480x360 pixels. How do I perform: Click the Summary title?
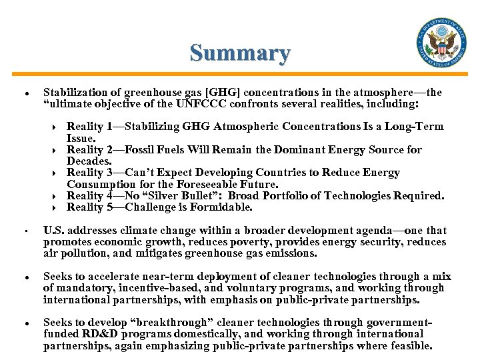tap(240, 53)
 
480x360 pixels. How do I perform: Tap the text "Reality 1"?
tap(89, 127)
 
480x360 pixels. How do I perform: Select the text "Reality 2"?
tap(89, 150)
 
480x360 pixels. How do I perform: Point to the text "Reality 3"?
tap(89, 173)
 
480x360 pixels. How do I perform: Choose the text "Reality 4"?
tap(89, 196)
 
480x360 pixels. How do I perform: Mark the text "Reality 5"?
tap(89, 207)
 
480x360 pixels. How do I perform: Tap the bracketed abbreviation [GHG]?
tap(215, 93)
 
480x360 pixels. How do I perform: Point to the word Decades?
tap(89, 161)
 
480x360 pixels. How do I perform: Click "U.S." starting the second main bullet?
tap(54, 231)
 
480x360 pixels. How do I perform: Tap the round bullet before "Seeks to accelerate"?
tap(25, 277)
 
